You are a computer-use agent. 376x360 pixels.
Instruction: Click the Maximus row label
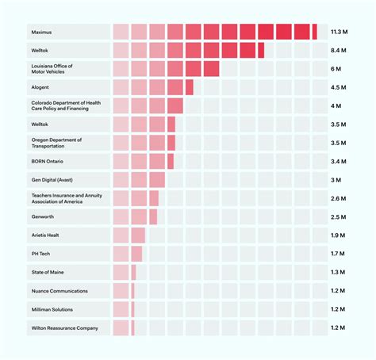(x=40, y=32)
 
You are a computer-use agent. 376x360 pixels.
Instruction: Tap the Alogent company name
(x=41, y=87)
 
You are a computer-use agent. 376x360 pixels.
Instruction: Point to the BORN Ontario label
(x=48, y=162)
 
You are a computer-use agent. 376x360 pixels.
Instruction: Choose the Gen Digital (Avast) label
(x=54, y=180)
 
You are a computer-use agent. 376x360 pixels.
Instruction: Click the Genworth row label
(x=43, y=216)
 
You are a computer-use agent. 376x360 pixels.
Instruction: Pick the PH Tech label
(x=40, y=254)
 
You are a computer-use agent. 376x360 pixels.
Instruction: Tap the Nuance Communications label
(x=59, y=291)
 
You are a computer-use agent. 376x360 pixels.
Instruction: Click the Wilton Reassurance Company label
(x=64, y=327)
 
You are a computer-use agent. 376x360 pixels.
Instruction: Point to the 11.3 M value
(x=340, y=32)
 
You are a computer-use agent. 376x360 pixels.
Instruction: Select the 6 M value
(x=336, y=69)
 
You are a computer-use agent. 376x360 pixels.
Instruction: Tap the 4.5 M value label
(x=339, y=87)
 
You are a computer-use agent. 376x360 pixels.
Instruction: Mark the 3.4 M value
(x=339, y=162)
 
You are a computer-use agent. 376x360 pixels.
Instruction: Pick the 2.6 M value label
(x=339, y=198)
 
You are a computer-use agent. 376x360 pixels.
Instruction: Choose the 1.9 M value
(x=339, y=236)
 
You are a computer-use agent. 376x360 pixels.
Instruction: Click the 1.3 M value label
(x=339, y=272)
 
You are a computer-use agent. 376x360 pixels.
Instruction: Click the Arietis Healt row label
(x=45, y=236)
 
